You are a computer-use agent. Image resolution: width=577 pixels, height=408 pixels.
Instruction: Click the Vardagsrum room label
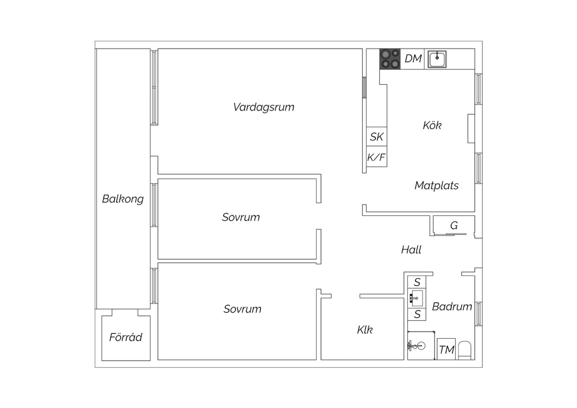(263, 107)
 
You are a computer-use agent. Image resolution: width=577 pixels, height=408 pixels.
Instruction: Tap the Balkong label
(123, 199)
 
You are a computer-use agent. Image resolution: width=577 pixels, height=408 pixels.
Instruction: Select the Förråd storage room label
(126, 337)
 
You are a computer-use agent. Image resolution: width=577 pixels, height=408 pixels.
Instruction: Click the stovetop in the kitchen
(390, 59)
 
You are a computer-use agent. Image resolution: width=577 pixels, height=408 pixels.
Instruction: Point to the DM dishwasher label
(413, 59)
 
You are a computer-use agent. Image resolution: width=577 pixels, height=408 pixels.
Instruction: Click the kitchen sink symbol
(437, 59)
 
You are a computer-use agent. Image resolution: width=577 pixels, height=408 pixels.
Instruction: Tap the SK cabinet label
(377, 137)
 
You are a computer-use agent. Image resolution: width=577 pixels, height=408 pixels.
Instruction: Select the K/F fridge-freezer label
(376, 157)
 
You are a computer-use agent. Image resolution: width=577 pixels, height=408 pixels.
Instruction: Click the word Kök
(432, 125)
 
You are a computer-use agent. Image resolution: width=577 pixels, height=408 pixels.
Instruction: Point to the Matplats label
(437, 186)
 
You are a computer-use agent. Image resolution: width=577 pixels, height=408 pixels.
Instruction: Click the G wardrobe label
(454, 226)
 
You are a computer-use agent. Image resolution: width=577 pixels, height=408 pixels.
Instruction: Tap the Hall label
(411, 250)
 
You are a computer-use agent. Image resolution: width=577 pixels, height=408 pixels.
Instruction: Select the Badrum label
(452, 307)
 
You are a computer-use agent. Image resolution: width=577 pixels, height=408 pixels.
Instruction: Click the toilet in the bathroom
(465, 351)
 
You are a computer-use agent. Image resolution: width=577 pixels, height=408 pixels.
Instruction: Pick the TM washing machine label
(447, 350)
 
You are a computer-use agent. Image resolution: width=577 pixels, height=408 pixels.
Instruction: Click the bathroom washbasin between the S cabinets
(417, 298)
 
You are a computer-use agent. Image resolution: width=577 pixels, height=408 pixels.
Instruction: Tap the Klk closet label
(365, 329)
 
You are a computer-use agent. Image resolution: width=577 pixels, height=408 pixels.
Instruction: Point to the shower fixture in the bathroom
(416, 346)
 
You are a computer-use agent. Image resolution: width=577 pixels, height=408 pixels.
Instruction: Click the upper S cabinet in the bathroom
(417, 282)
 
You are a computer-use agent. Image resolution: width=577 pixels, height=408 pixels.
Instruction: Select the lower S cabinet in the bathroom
(417, 314)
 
